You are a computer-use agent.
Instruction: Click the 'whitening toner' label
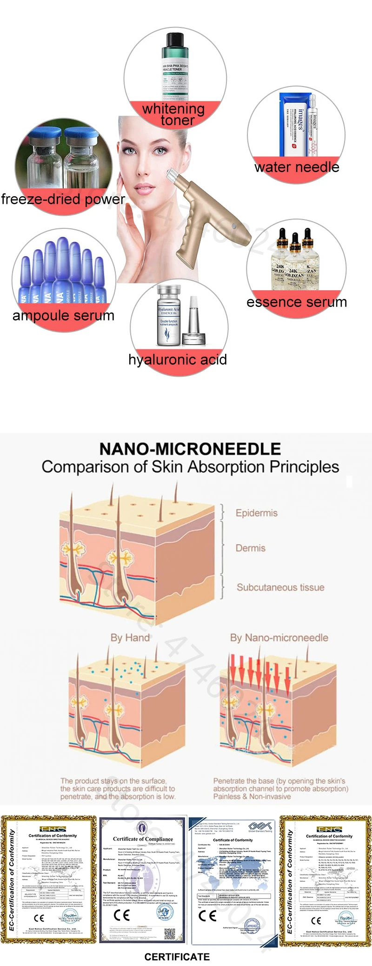tap(173, 114)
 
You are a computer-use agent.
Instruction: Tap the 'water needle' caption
tap(297, 167)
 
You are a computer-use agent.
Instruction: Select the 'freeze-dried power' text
tap(63, 199)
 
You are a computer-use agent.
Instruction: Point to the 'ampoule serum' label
tap(63, 315)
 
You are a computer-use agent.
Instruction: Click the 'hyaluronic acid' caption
tap(178, 360)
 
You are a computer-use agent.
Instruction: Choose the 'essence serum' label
tap(297, 302)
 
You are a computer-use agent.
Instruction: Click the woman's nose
tap(148, 159)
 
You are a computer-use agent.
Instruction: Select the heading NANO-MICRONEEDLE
tap(190, 449)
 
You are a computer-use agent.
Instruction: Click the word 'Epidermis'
tap(256, 513)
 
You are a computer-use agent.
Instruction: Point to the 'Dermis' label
tap(250, 548)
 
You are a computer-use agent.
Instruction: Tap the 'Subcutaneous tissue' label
tap(280, 587)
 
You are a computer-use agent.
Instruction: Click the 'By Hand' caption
tap(130, 637)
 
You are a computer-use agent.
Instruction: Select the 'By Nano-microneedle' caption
tap(279, 637)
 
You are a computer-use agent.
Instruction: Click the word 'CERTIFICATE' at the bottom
tap(177, 957)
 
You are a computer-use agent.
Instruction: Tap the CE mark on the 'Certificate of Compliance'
tap(122, 915)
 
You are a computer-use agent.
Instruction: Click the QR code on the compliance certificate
tap(170, 932)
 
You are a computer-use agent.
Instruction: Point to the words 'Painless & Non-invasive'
tap(252, 796)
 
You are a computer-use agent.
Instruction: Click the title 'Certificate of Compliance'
tap(143, 839)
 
